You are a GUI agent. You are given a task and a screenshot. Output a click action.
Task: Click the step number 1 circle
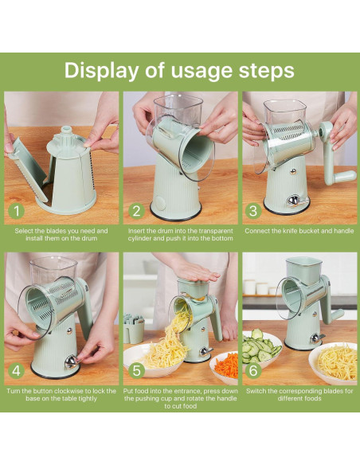(17, 211)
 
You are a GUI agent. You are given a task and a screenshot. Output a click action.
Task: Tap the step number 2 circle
(136, 211)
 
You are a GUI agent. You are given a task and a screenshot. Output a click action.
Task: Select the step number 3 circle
(253, 211)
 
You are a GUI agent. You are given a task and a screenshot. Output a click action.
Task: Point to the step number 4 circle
(17, 371)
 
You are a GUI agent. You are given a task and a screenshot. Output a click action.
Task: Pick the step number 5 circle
(136, 371)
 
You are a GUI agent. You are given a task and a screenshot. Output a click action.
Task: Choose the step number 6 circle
(253, 371)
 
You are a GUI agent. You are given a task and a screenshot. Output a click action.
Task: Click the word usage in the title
(202, 72)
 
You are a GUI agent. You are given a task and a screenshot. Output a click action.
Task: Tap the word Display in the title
(101, 71)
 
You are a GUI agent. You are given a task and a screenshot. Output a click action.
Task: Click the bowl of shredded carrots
(225, 367)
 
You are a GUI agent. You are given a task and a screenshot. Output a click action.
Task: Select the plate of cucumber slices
(261, 347)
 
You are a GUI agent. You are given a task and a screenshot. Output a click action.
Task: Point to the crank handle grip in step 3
(345, 176)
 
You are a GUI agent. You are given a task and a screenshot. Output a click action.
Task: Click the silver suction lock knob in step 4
(71, 361)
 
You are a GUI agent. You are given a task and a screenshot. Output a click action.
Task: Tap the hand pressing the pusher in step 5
(193, 272)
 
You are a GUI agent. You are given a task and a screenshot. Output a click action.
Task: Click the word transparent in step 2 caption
(216, 231)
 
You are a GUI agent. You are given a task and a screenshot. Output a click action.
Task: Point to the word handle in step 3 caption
(344, 231)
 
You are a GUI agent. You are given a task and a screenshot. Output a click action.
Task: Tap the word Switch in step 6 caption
(256, 391)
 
